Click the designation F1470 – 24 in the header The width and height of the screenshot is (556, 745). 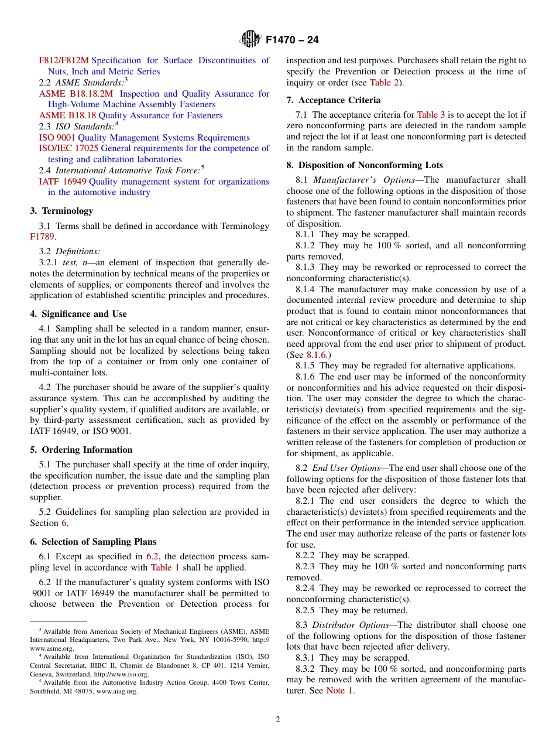pos(292,40)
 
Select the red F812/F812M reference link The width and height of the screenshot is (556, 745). pos(64,60)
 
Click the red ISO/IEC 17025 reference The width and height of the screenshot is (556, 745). pos(68,148)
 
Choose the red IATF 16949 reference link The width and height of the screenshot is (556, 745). pos(63,182)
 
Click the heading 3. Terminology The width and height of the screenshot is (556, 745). pos(61,211)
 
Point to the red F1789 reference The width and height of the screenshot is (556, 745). pos(42,237)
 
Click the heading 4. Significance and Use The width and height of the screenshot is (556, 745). pos(78,314)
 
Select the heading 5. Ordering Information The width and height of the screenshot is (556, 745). pos(81,450)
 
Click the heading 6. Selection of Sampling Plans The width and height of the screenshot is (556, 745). pos(93,542)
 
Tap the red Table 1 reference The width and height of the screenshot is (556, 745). pos(165,568)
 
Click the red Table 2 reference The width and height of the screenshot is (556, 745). pos(384,83)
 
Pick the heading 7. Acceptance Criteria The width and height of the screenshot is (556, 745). pos(334,100)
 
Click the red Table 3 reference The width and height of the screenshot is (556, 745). pos(431,115)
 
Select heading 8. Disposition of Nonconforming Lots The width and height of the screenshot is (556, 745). pos(365,165)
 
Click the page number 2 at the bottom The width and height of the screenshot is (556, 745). pos(278,720)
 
